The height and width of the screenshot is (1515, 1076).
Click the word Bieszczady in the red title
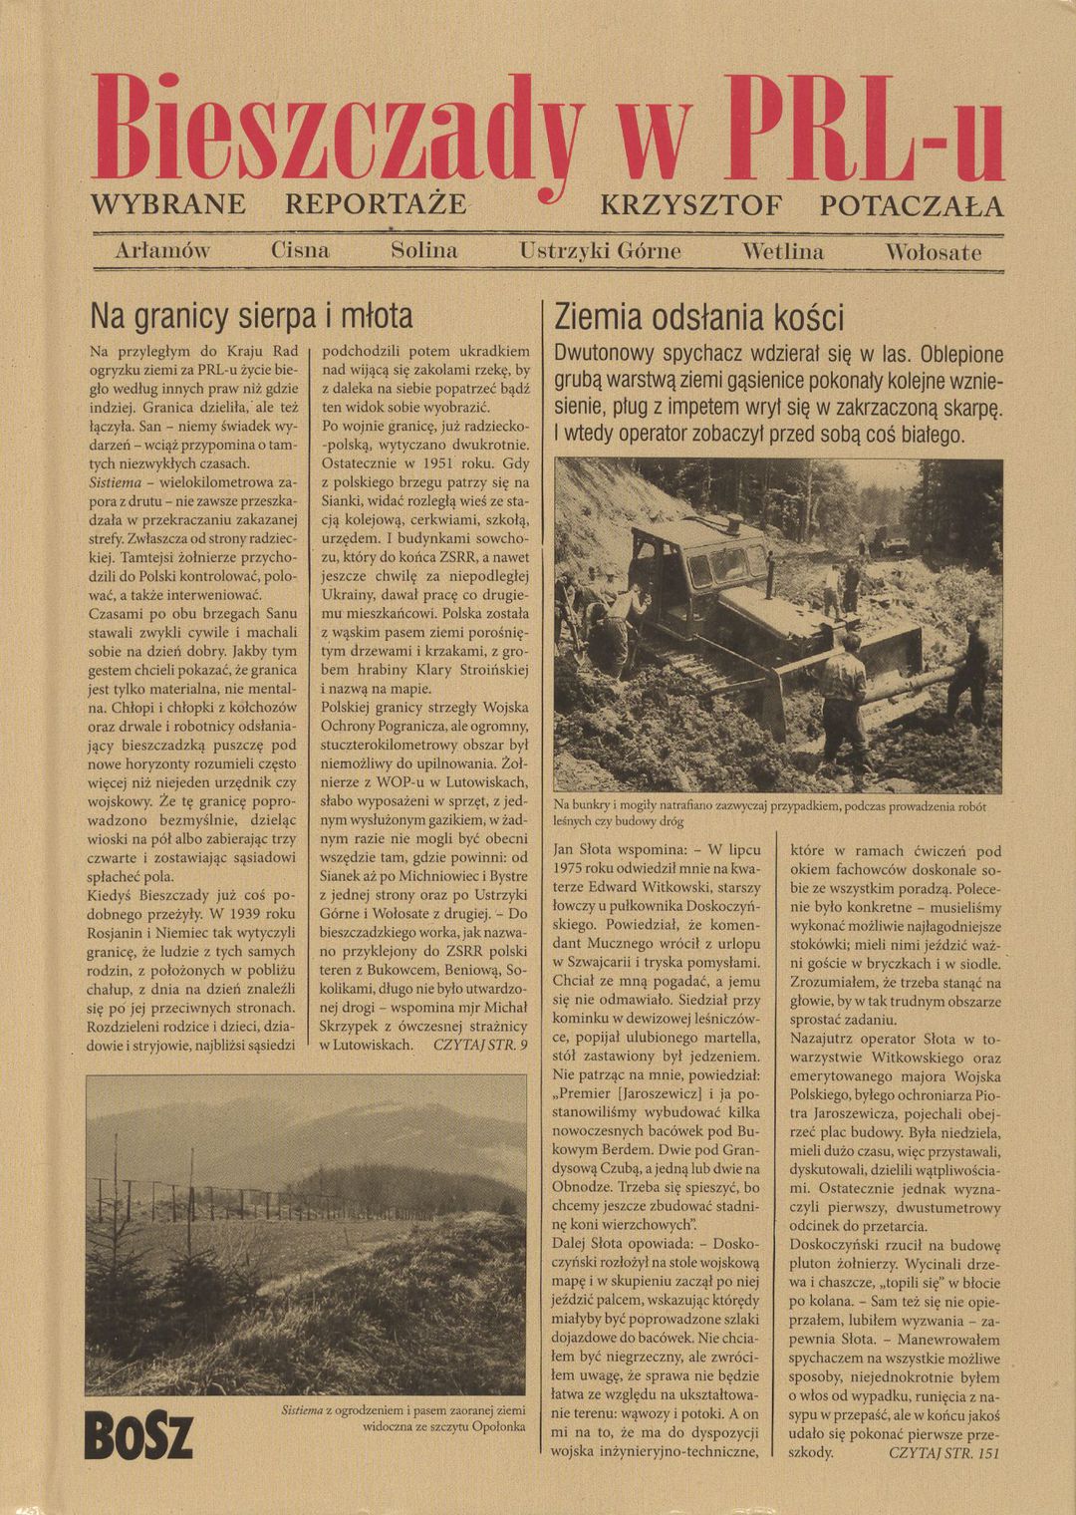339,130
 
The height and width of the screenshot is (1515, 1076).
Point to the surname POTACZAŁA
911,205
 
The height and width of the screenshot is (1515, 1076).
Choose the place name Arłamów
162,251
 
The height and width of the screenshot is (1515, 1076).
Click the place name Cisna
300,251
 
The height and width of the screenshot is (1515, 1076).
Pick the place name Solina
424,251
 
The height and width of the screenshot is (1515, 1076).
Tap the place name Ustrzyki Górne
600,251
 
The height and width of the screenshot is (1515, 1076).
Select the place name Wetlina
783,251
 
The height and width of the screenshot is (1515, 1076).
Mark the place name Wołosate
933,252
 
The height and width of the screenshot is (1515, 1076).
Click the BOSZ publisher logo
138,1436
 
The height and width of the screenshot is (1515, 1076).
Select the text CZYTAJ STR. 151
941,1452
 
